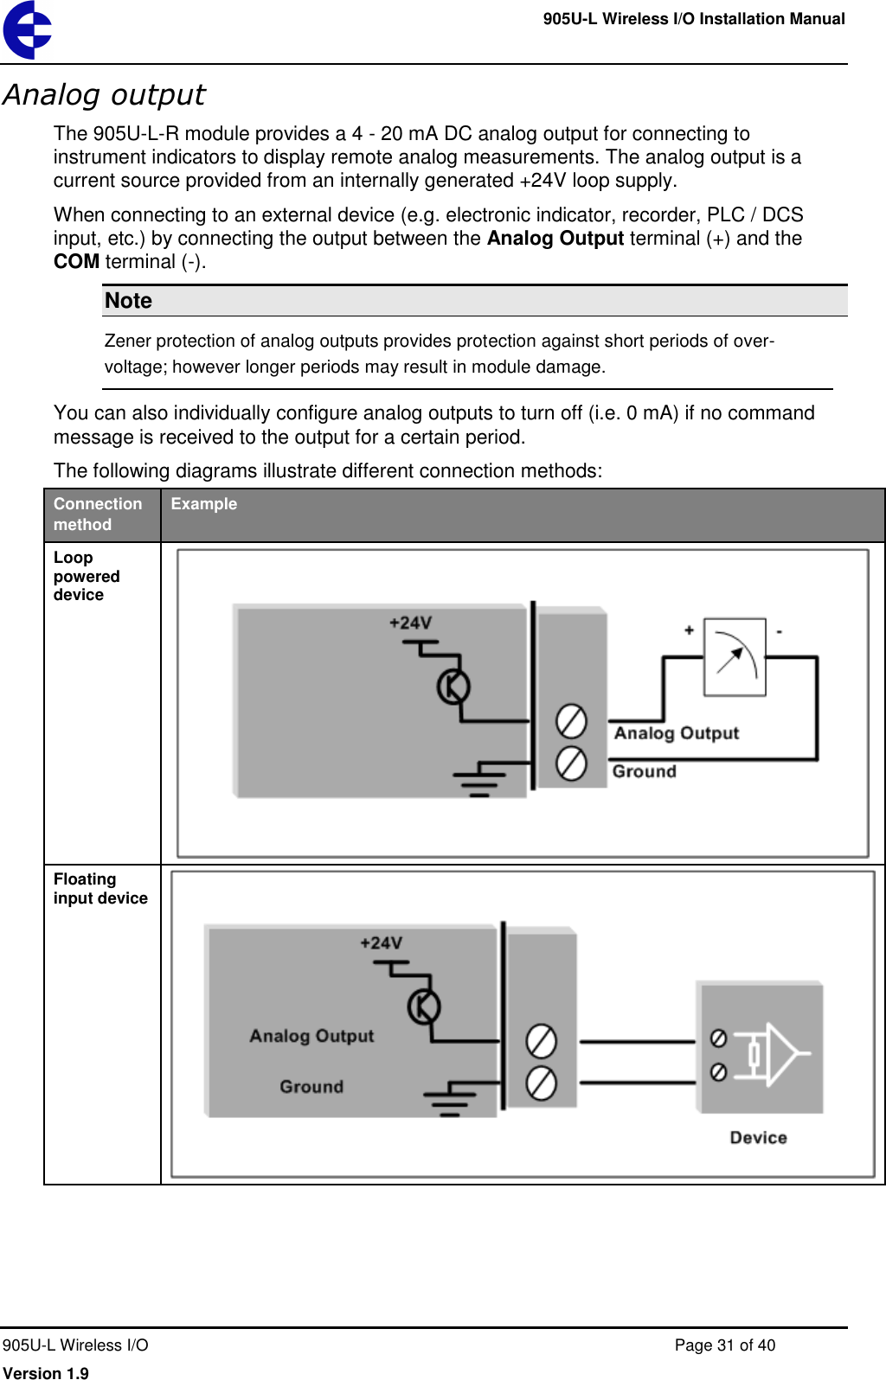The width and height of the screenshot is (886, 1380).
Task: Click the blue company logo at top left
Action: tap(27, 30)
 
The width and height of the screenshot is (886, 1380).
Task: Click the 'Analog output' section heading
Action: tap(104, 94)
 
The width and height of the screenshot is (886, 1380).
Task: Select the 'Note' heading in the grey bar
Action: tap(128, 301)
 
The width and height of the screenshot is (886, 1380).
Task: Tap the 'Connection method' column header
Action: tap(97, 514)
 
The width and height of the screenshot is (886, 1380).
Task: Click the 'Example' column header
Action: tap(203, 504)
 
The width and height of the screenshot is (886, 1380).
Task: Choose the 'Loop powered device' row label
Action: tap(86, 576)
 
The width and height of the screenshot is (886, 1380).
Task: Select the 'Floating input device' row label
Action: tap(100, 888)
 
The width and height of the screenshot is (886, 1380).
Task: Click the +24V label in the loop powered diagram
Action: tap(410, 623)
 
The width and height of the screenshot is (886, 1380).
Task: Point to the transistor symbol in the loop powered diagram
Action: tap(453, 687)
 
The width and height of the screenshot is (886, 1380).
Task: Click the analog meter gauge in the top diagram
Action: tap(735, 657)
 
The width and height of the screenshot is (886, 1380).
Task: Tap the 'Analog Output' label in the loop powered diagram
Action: tap(677, 733)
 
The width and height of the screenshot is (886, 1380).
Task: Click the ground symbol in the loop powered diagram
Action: tap(478, 781)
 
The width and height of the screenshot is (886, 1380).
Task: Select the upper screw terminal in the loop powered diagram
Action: tap(571, 721)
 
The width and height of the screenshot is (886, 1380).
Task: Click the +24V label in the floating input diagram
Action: tap(381, 943)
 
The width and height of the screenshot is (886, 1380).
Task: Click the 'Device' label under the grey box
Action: tap(758, 1138)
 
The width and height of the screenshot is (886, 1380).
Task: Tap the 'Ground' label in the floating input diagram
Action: tap(311, 1087)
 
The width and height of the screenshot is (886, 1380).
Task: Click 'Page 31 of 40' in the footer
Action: tap(724, 1345)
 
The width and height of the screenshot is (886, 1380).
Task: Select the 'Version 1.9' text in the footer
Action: tap(46, 1372)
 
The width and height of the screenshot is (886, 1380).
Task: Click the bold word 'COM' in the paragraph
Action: tap(76, 262)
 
